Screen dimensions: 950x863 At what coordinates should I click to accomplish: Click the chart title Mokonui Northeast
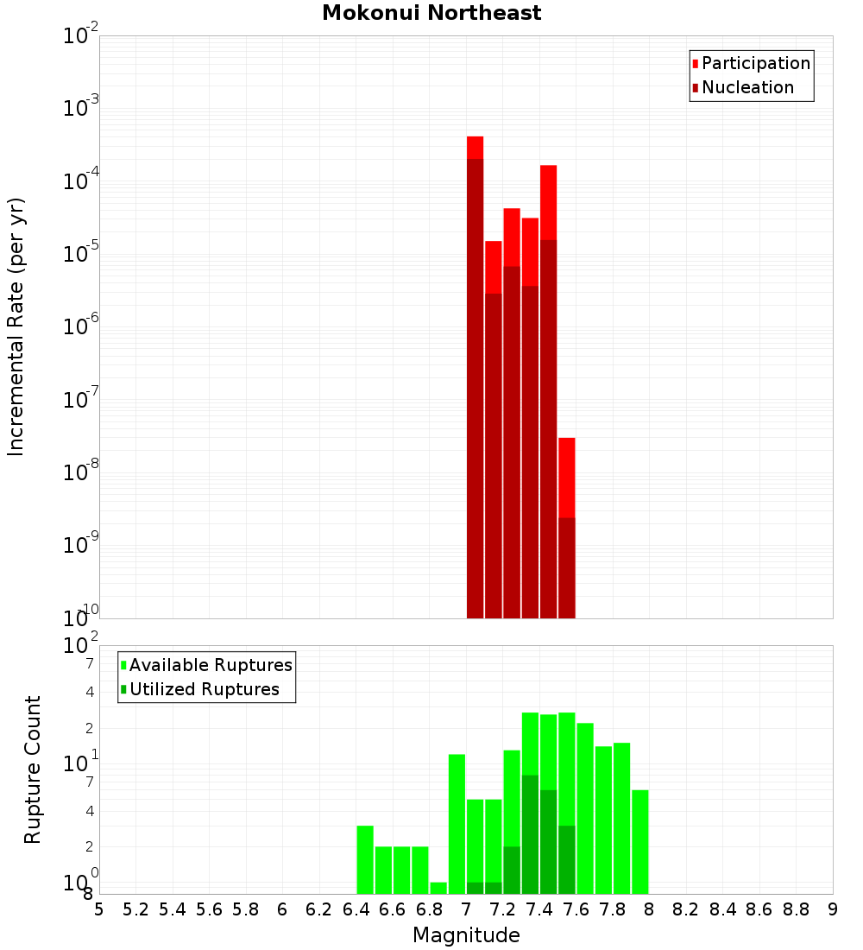[x=431, y=13]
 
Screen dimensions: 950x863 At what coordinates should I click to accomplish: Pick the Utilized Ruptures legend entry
[x=204, y=689]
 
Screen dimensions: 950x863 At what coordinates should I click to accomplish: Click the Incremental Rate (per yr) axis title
[x=16, y=326]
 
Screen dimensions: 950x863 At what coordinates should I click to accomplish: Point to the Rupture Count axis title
[x=33, y=769]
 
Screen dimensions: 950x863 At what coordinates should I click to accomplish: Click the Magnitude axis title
[x=466, y=935]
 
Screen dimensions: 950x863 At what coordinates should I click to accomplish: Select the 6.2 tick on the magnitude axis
[x=319, y=909]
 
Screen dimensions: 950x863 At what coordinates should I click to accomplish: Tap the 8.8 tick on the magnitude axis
[x=796, y=909]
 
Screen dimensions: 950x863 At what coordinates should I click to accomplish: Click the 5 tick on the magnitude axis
[x=99, y=909]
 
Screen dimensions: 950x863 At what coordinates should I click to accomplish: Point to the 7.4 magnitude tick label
[x=539, y=909]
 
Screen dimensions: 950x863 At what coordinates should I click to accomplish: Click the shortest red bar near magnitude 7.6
[x=566, y=527]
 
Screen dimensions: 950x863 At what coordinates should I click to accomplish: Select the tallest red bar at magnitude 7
[x=475, y=380]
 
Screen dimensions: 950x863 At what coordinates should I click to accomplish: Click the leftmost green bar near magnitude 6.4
[x=365, y=859]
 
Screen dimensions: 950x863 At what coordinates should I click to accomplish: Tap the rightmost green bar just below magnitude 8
[x=639, y=842]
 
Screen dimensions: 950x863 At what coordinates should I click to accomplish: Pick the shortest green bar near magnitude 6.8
[x=438, y=888]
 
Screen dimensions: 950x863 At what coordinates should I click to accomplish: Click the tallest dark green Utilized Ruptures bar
[x=530, y=833]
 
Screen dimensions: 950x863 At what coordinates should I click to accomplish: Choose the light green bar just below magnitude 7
[x=457, y=825]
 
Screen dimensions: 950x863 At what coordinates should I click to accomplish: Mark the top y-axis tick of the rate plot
[x=82, y=36]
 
